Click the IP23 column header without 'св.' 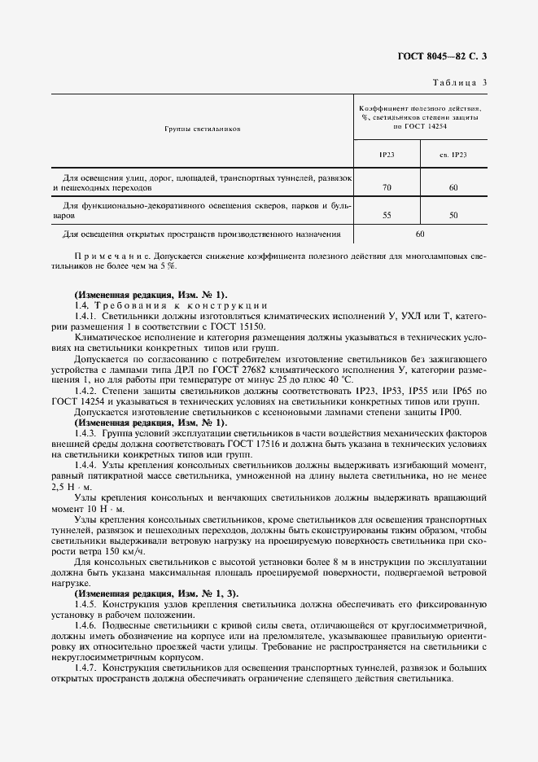[x=387, y=154]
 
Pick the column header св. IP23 [x=453, y=154]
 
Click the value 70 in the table [x=387, y=187]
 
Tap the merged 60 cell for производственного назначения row [x=420, y=234]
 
